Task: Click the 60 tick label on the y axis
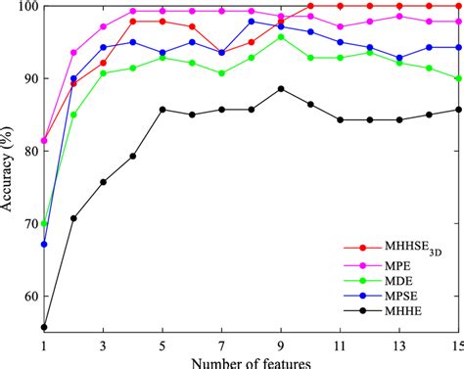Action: coord(27,296)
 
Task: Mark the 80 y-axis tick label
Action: coord(27,151)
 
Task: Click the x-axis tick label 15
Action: coord(457,346)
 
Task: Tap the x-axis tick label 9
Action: coord(282,346)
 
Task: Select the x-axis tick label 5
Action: coord(162,346)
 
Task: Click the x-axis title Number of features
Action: coord(253,362)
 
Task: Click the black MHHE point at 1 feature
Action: coord(44,327)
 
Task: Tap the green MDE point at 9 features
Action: coord(281,36)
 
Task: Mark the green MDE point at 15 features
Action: coord(458,78)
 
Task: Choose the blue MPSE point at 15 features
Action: coord(458,47)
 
